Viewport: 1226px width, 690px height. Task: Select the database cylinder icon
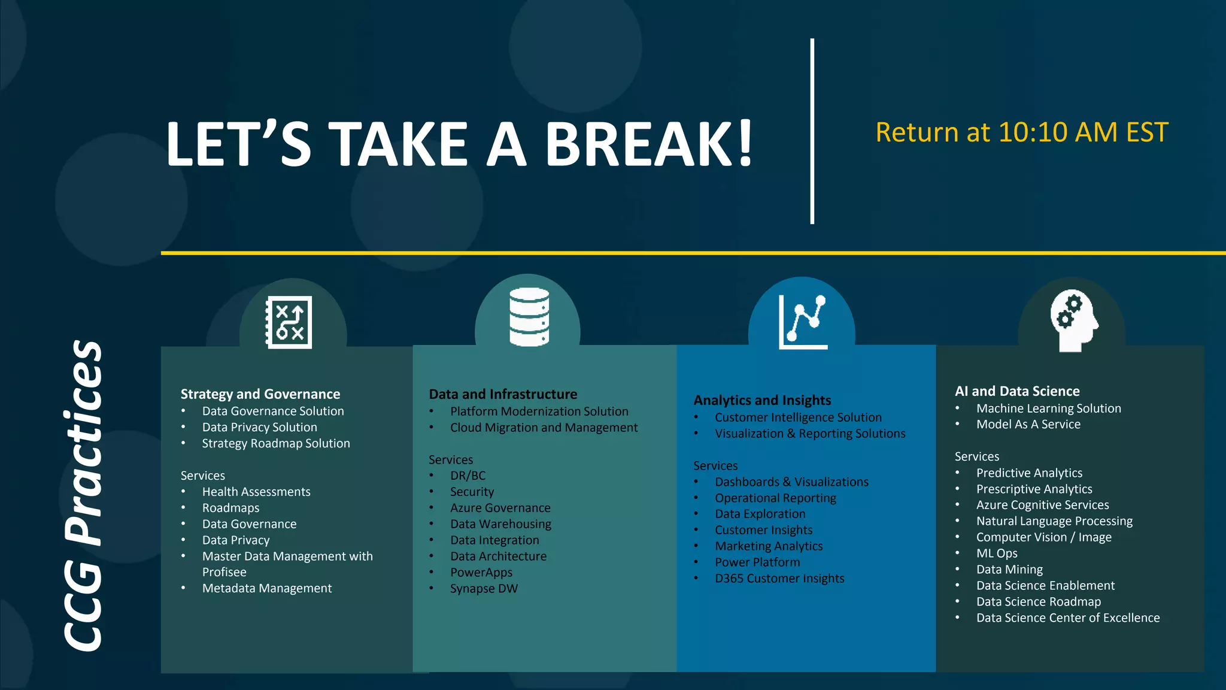click(529, 317)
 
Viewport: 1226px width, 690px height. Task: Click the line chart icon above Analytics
click(803, 322)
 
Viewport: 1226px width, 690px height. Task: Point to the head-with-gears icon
click(1073, 320)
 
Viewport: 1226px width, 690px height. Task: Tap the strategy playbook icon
click(289, 322)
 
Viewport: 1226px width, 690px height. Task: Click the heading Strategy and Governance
click(260, 394)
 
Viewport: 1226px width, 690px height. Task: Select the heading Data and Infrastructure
click(503, 394)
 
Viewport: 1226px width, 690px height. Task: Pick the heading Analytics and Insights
click(762, 400)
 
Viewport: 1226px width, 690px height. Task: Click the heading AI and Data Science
click(1017, 391)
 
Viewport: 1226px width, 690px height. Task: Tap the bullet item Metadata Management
click(267, 588)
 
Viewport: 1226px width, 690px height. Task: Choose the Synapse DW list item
click(484, 588)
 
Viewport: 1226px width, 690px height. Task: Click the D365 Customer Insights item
click(779, 578)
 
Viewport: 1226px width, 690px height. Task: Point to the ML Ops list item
click(997, 553)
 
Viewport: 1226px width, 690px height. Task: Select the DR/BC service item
click(468, 476)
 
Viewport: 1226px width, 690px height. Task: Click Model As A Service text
click(1028, 424)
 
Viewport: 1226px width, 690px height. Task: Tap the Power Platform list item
click(757, 562)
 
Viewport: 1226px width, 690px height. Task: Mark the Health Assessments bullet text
click(256, 492)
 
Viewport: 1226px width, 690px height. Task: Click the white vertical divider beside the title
click(812, 132)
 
